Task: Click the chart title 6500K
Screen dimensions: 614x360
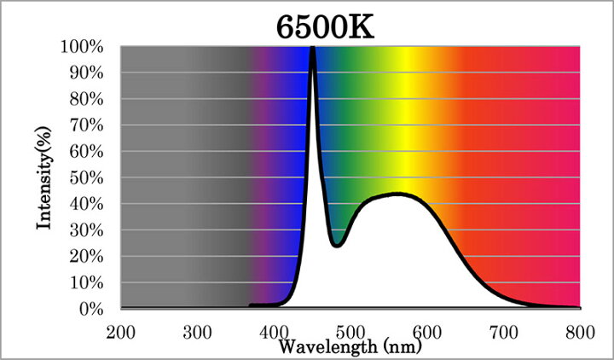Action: point(326,27)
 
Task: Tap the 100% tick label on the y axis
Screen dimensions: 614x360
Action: point(82,47)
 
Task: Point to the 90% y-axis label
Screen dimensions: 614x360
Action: point(86,73)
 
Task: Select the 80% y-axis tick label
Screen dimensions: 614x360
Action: point(86,100)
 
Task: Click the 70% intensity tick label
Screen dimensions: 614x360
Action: point(86,125)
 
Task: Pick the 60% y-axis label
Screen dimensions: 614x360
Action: point(86,152)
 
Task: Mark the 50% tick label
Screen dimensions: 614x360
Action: point(86,178)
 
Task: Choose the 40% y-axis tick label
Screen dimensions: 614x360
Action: point(86,205)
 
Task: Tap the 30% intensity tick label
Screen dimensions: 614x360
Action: point(86,230)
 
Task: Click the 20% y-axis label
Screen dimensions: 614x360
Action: point(86,257)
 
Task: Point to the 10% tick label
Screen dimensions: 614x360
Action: point(86,283)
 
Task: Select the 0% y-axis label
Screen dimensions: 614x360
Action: point(91,310)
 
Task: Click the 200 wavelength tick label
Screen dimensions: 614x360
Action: point(120,333)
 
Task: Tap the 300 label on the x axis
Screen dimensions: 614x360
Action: point(197,333)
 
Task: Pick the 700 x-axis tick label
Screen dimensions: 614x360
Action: point(504,333)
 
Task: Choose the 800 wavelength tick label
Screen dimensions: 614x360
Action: point(581,333)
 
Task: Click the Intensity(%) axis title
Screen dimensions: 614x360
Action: point(43,177)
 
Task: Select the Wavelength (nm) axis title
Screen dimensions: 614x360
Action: point(350,346)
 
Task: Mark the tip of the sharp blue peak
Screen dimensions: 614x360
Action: point(312,48)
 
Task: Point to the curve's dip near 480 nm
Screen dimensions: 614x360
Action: point(337,246)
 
